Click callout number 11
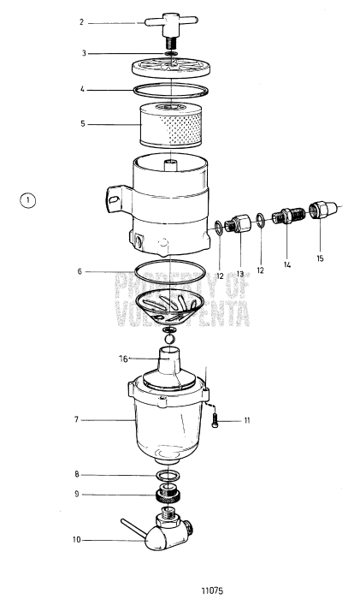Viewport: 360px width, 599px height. [247, 421]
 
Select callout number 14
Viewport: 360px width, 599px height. [286, 265]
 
